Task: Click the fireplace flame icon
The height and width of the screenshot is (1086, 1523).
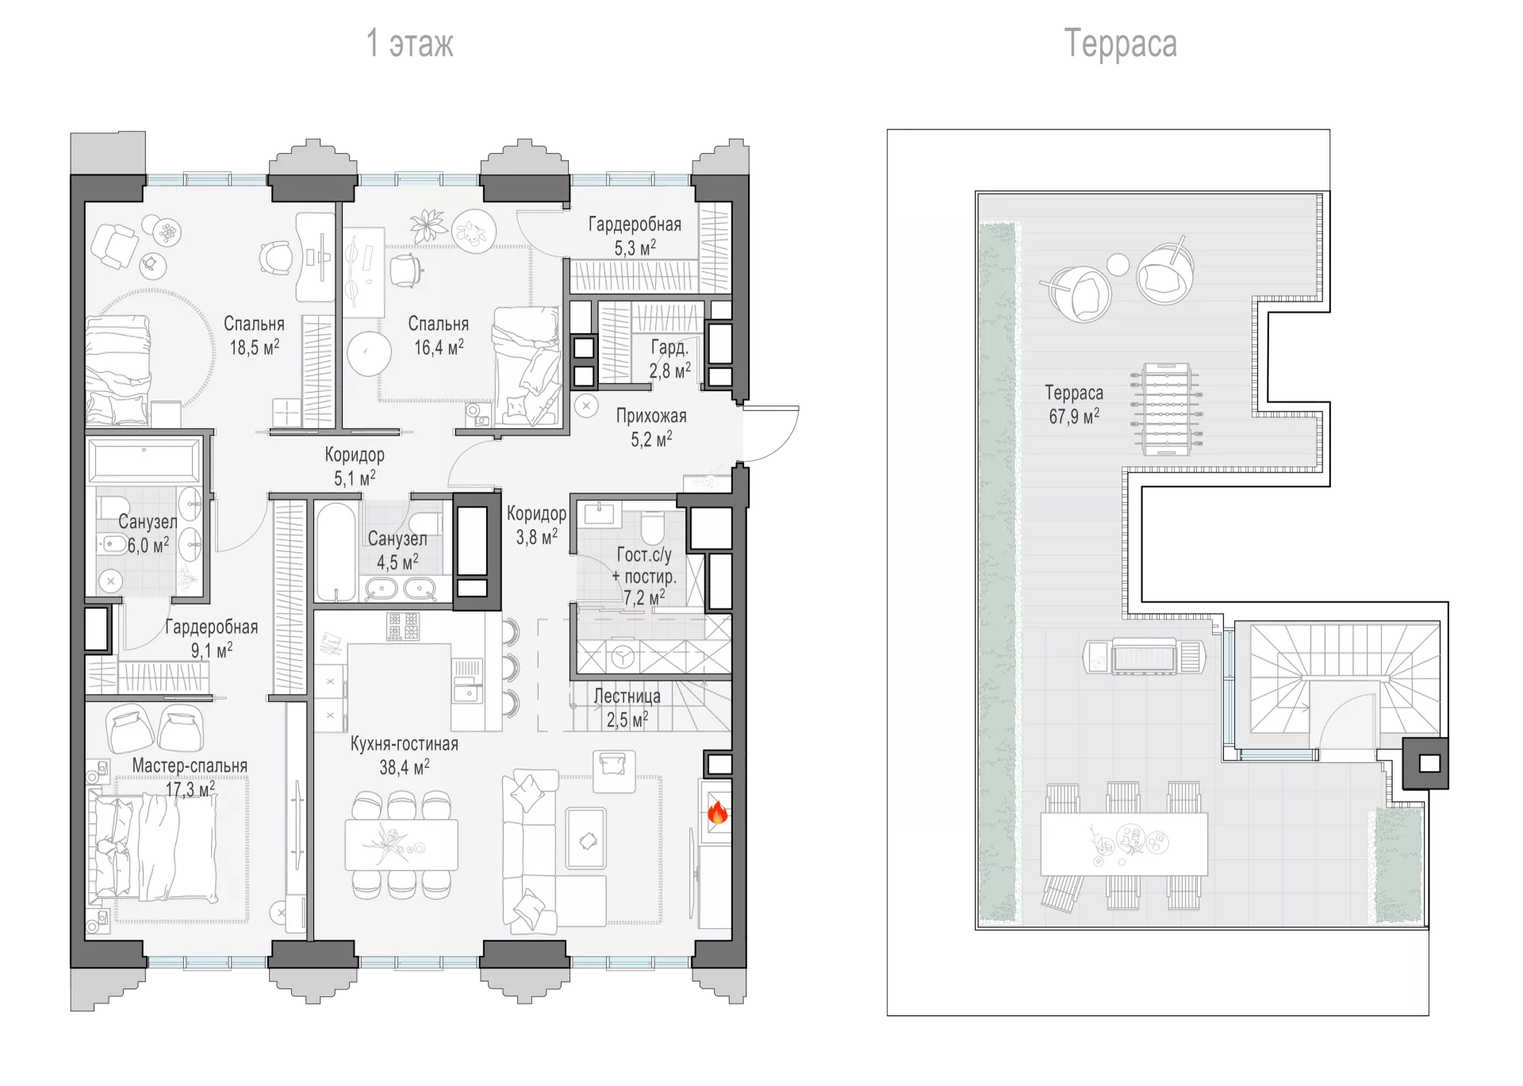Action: point(717,812)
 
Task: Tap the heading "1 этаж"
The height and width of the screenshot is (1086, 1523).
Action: point(409,44)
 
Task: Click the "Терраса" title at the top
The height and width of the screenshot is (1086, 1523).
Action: point(1120,44)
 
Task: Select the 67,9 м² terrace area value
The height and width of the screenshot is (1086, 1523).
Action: point(1074,416)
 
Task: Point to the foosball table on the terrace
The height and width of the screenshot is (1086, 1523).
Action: point(1167,409)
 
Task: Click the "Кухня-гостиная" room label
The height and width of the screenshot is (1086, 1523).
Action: point(405,744)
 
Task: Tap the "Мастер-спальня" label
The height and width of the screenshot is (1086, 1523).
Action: point(190,766)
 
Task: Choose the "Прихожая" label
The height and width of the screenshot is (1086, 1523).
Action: point(651,416)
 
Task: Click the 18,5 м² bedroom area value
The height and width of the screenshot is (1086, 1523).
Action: point(255,347)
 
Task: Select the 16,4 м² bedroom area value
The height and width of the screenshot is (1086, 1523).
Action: point(439,347)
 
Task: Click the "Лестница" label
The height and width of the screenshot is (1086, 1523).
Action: point(627,696)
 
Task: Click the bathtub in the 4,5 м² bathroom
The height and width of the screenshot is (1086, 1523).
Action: point(336,552)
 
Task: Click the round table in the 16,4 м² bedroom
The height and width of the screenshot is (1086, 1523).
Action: point(369,354)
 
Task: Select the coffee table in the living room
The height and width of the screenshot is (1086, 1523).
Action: point(586,839)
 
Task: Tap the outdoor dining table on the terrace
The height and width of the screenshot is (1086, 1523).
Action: point(1124,844)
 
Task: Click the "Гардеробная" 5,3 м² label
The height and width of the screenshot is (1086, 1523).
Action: point(635,236)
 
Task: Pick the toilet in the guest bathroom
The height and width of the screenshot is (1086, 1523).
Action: point(652,526)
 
